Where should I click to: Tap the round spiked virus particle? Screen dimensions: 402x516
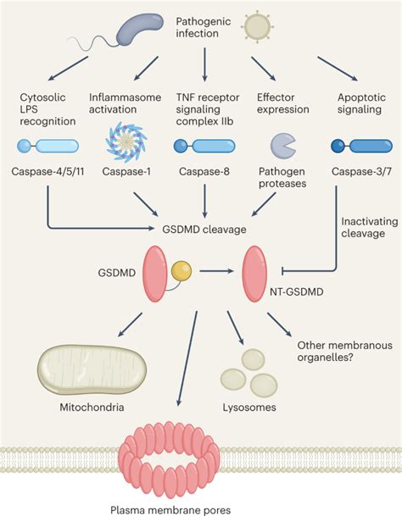257,26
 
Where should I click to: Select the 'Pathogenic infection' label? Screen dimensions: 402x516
204,27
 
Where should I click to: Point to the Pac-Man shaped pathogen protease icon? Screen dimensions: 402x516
282,146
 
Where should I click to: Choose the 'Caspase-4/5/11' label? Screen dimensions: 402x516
47,171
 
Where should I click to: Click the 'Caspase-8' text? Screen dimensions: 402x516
204,171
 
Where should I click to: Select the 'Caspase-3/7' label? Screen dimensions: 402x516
362,171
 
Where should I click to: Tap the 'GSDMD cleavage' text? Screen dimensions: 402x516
204,230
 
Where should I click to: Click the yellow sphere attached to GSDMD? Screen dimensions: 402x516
181,271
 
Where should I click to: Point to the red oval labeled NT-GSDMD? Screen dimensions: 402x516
254,274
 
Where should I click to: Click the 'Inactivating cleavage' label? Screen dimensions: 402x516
370,227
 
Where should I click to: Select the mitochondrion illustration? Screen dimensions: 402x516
92,369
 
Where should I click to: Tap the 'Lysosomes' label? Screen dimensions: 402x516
249,408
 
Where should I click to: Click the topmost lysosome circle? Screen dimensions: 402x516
253,360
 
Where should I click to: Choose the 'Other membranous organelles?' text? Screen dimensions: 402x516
344,351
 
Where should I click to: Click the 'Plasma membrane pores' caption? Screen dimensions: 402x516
170,510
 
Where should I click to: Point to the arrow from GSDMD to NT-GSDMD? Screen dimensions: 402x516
216,271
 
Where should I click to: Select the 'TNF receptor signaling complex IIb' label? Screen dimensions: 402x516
208,109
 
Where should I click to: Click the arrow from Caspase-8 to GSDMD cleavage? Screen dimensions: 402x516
204,201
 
